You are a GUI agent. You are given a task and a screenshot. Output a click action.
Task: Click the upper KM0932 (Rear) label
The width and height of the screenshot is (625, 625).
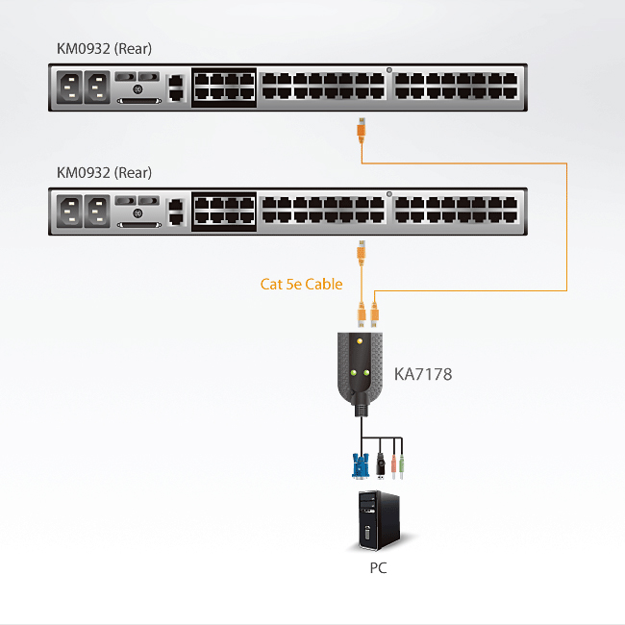click(x=104, y=49)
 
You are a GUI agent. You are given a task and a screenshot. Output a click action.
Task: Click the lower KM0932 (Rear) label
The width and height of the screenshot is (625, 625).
click(x=104, y=172)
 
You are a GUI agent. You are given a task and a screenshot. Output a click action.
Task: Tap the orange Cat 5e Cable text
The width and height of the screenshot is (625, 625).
click(x=301, y=284)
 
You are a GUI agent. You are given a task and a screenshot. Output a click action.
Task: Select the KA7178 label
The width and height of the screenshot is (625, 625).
click(x=423, y=374)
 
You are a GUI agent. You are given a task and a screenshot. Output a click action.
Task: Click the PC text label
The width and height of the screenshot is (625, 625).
click(x=378, y=567)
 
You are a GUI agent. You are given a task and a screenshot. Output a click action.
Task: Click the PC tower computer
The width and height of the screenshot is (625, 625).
click(x=379, y=520)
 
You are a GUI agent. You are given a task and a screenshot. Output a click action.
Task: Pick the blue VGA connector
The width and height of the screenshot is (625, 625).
click(x=361, y=465)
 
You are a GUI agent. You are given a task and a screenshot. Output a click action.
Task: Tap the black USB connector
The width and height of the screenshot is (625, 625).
click(x=381, y=464)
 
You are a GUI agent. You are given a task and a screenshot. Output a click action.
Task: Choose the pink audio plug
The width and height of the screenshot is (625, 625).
click(x=393, y=466)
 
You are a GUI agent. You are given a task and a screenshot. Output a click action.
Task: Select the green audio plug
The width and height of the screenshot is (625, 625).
click(x=401, y=466)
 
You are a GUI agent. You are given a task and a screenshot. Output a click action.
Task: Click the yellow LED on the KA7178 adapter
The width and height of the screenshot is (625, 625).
click(x=360, y=341)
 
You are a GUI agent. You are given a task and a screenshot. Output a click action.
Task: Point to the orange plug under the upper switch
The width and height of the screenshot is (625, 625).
click(x=362, y=131)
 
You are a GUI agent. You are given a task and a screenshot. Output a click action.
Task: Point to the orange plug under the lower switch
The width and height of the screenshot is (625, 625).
click(x=362, y=253)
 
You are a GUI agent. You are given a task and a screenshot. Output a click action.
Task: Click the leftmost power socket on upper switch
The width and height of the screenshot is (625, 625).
click(x=69, y=87)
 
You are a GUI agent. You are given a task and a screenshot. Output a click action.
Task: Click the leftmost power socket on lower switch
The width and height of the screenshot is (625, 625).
click(x=69, y=212)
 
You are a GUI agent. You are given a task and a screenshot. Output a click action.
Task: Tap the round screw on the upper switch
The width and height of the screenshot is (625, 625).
click(x=137, y=89)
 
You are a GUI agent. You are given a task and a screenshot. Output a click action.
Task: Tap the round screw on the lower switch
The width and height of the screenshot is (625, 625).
click(x=137, y=213)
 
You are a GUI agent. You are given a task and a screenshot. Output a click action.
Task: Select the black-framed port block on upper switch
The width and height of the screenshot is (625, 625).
click(x=224, y=87)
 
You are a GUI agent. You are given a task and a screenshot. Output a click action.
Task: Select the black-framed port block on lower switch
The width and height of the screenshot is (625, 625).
click(x=224, y=212)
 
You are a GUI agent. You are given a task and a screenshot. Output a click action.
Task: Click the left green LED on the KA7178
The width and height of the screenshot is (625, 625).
click(x=353, y=373)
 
